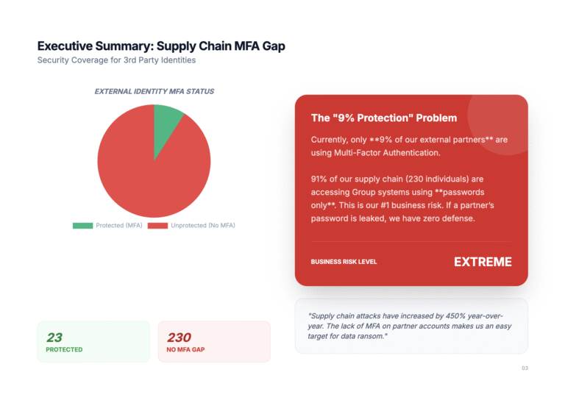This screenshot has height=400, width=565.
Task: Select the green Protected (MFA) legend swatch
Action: click(82, 225)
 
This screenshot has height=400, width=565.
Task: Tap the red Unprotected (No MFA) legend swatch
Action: click(157, 225)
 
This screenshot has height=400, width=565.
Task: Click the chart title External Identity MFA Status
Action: click(154, 92)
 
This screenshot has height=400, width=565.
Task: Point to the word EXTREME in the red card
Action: click(483, 262)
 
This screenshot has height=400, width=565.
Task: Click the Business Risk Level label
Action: click(344, 262)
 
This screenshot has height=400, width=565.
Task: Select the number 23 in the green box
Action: click(54, 337)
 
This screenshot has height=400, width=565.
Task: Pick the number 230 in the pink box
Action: click(179, 337)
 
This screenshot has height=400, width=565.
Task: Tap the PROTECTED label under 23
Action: click(64, 350)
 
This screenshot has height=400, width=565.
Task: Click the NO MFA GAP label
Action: click(186, 350)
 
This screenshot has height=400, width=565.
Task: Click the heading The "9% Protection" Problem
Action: click(384, 118)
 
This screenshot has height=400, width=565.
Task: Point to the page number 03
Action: click(525, 368)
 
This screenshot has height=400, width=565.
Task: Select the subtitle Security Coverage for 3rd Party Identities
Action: click(116, 60)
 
